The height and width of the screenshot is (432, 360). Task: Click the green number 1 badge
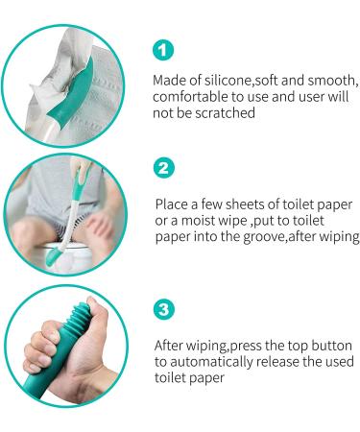click(164, 50)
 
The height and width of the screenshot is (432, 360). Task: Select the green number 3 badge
click(164, 310)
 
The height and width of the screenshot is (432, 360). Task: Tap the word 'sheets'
click(242, 204)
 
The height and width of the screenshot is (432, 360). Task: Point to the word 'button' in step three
click(330, 345)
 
